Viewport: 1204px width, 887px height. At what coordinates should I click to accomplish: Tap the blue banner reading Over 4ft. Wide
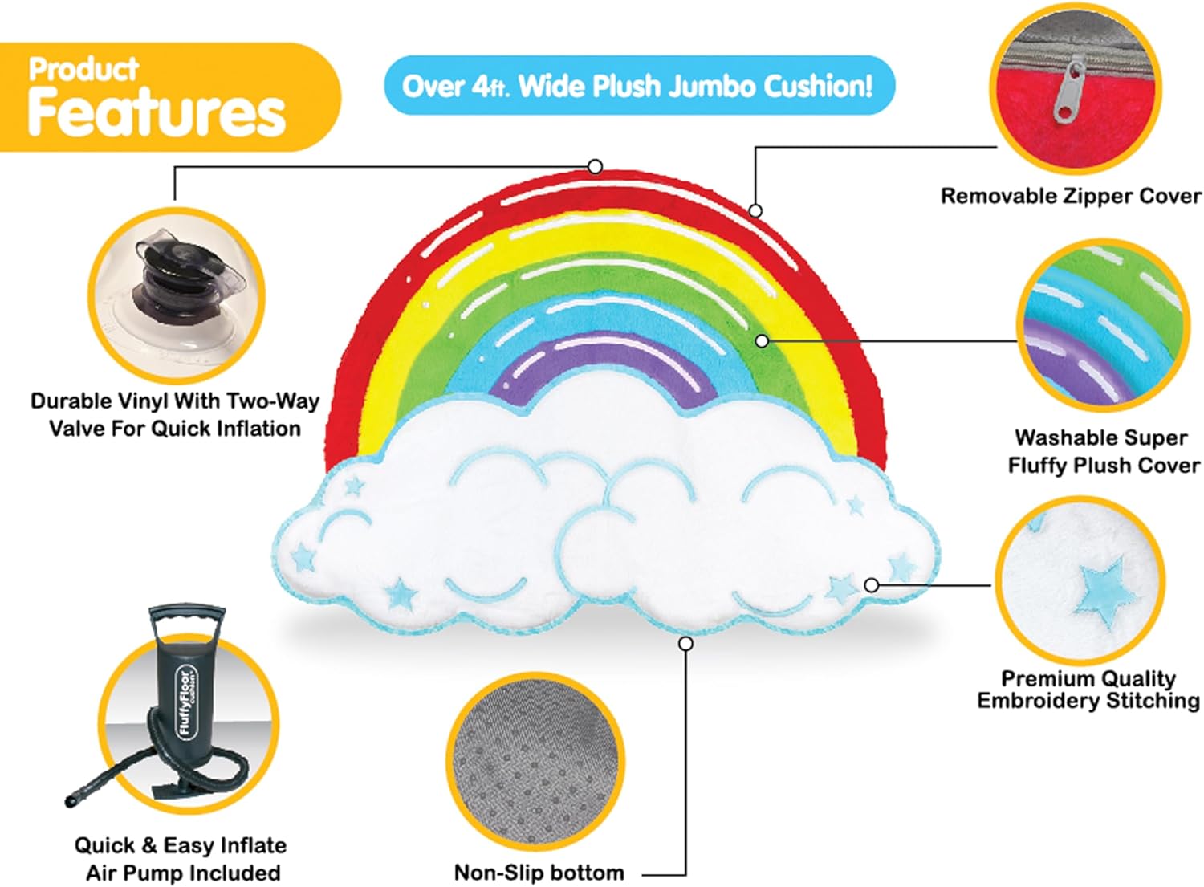tap(637, 85)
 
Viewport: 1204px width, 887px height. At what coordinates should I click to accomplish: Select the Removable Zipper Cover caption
tap(1070, 196)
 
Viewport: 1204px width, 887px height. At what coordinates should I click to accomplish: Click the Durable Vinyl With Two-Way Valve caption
tap(175, 414)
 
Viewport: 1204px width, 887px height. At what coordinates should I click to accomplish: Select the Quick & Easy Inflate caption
tap(181, 858)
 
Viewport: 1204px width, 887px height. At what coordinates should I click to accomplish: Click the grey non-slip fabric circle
tap(535, 762)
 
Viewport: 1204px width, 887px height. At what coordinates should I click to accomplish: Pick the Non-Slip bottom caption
tap(539, 873)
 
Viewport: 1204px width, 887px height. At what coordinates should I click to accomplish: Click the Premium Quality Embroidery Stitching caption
tap(1088, 690)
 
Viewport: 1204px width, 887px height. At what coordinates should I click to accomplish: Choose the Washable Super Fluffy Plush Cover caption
tap(1103, 451)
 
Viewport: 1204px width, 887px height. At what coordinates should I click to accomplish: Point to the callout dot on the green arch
tap(762, 341)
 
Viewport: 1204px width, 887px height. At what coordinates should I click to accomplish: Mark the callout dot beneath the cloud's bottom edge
tap(685, 644)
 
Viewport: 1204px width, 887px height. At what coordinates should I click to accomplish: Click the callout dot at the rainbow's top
tap(595, 166)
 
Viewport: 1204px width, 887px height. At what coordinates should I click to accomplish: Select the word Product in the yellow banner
tap(83, 69)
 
